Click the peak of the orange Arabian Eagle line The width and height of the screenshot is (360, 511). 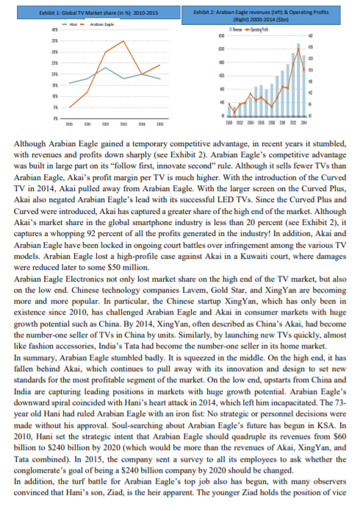tap(123, 42)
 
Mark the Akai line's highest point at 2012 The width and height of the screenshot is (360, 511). tap(106, 68)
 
